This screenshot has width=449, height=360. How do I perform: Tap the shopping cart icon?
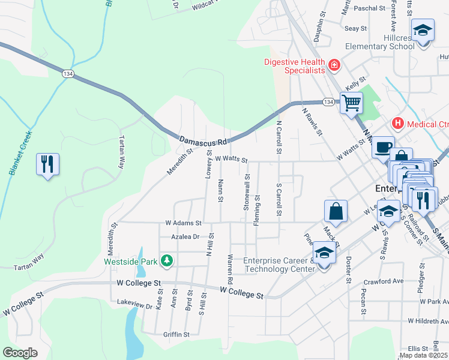351,103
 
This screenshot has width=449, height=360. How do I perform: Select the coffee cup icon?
382,146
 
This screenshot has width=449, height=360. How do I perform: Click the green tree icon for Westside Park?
168,261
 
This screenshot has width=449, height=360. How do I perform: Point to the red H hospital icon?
396,124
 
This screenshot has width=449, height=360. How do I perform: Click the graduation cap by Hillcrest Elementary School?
423,30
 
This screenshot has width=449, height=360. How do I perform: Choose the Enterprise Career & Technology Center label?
279,265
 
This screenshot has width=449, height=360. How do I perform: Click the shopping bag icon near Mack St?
336,211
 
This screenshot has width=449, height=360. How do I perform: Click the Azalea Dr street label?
184,237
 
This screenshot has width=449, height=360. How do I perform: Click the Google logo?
20,353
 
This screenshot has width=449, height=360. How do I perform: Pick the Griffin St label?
176,334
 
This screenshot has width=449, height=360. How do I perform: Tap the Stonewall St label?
247,193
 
